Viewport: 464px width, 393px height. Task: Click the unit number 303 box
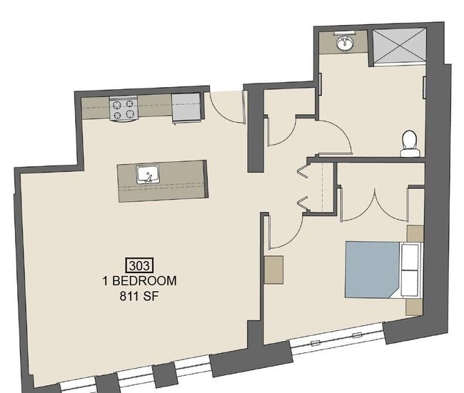pos(140,265)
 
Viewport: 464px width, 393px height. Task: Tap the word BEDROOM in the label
pos(144,281)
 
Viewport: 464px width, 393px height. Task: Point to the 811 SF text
pos(139,296)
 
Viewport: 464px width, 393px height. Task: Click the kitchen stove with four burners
pos(123,108)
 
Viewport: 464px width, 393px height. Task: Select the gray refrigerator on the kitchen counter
pos(187,107)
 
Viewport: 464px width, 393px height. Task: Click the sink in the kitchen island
pos(148,174)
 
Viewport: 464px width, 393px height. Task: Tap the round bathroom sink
pos(345,44)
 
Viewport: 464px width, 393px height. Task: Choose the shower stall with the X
pos(399,46)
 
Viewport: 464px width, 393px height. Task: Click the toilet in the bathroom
pos(410,143)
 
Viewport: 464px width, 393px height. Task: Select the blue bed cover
pos(372,270)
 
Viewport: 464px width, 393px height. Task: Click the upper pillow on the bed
pos(410,256)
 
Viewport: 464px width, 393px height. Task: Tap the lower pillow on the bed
pos(410,282)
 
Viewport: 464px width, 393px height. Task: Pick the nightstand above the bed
pos(415,233)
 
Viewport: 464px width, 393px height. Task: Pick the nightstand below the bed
pos(414,307)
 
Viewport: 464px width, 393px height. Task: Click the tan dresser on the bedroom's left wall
pos(273,270)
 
